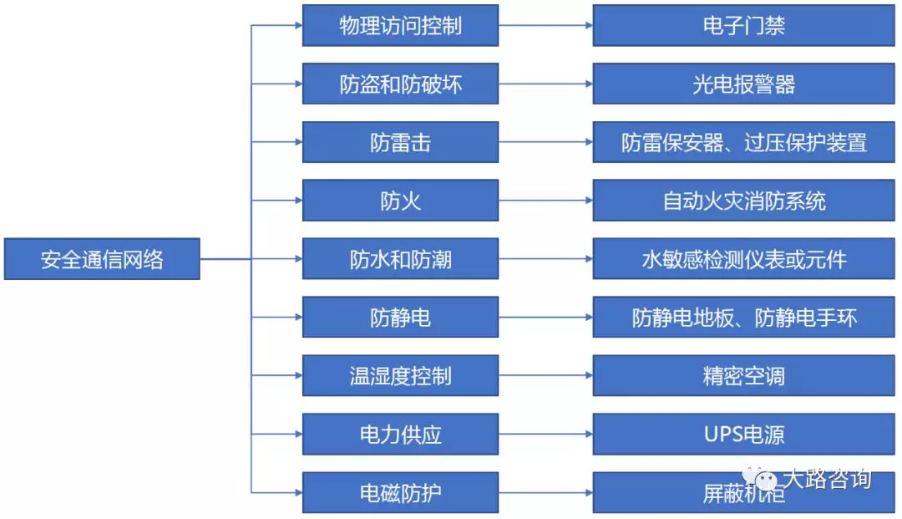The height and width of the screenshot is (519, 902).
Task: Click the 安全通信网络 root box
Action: [x=102, y=259]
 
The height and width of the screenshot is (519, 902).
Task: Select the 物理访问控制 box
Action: [x=400, y=25]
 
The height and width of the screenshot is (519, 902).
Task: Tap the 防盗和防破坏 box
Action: [x=400, y=84]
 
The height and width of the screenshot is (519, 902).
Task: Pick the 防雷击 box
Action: [x=400, y=142]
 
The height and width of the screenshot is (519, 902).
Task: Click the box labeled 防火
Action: [x=400, y=201]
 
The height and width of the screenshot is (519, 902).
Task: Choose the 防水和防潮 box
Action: [x=400, y=259]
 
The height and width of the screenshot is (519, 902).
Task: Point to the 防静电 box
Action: [x=400, y=318]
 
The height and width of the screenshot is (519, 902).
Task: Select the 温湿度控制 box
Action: [x=400, y=376]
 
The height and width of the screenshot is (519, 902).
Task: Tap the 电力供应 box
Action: [x=400, y=435]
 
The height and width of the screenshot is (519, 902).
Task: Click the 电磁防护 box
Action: [x=400, y=493]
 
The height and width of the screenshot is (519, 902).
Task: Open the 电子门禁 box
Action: [x=743, y=25]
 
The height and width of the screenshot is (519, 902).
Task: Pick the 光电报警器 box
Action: [x=743, y=84]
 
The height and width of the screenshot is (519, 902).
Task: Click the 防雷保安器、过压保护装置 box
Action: [x=743, y=142]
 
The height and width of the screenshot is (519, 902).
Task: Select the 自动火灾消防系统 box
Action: [x=743, y=201]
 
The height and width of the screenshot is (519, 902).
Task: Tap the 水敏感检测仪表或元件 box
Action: [x=743, y=259]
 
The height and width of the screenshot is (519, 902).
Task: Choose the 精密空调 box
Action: [x=743, y=376]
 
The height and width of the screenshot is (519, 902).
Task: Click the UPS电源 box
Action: [x=743, y=435]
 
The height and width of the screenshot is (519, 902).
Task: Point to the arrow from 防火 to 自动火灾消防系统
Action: [x=545, y=201]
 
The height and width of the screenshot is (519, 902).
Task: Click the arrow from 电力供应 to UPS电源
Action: [x=545, y=435]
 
